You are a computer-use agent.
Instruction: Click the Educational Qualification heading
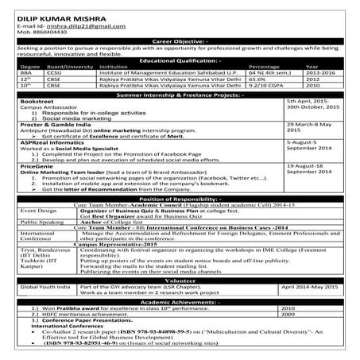point(180,60)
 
